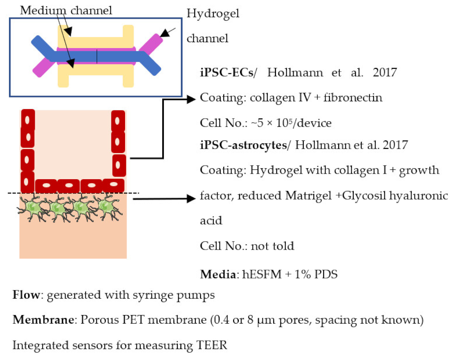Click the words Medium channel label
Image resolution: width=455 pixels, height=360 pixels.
66,10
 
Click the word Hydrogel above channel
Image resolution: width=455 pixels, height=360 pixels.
213,14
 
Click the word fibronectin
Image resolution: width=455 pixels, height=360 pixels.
357,97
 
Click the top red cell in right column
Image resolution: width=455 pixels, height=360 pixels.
118,121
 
